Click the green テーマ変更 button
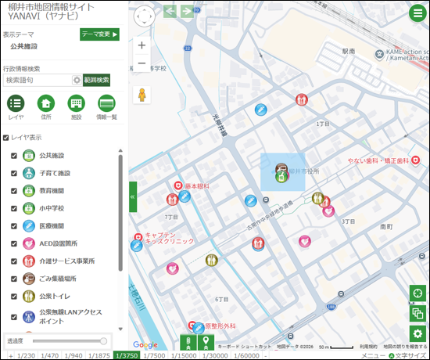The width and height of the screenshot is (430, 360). (99, 34)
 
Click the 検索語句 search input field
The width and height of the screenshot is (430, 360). (37, 80)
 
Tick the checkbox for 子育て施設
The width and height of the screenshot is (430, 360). (14, 173)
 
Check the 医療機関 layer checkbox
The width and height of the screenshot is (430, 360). (14, 225)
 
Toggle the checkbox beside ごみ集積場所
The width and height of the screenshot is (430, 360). (14, 279)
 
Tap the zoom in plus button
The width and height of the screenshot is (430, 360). (142, 45)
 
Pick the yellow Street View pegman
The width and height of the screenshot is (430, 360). (142, 95)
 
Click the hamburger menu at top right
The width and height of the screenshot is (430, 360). (417, 13)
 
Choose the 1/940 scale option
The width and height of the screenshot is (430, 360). (73, 355)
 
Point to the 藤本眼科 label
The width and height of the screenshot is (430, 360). (199, 186)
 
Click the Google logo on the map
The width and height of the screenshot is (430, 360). (145, 344)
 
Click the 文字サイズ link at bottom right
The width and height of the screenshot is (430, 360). (410, 355)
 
